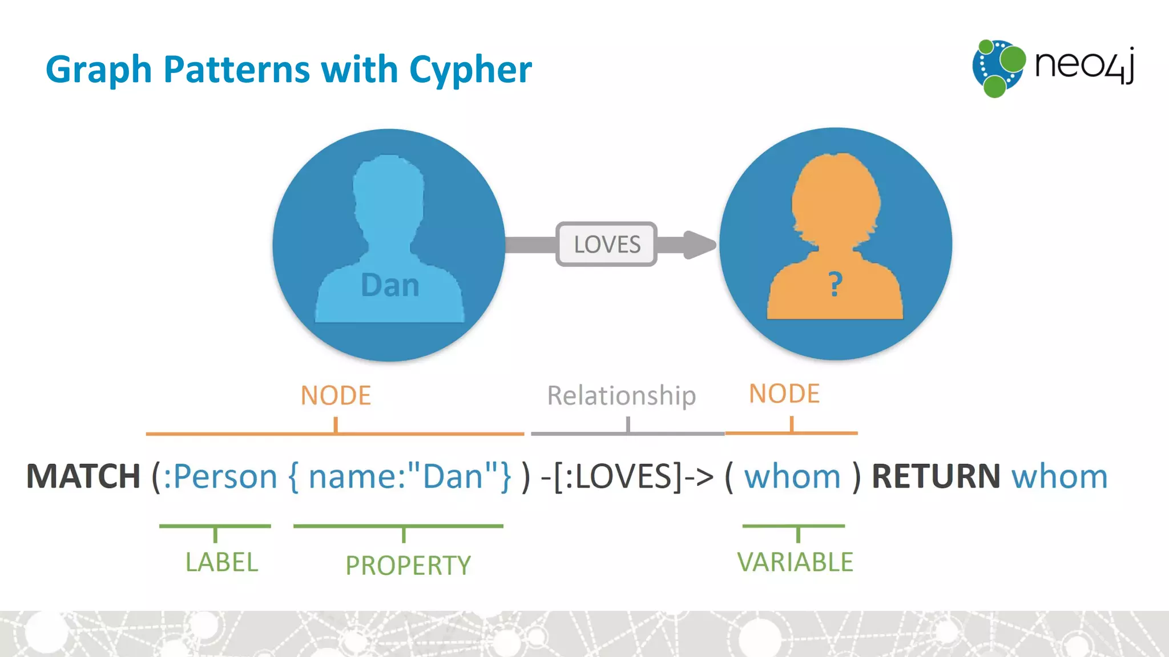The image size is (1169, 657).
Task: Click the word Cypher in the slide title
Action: tap(470, 70)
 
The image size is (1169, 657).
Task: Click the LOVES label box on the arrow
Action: tap(607, 244)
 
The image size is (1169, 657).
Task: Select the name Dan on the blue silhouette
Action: tap(390, 285)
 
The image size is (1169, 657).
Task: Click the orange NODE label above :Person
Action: tap(336, 395)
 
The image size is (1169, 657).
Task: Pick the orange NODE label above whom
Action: tap(784, 394)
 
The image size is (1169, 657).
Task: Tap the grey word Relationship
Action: tap(621, 395)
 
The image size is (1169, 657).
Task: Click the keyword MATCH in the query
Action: tap(83, 476)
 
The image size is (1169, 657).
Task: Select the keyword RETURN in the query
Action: tap(936, 476)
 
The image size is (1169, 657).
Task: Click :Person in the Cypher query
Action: tap(220, 476)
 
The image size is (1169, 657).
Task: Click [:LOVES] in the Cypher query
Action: tap(618, 476)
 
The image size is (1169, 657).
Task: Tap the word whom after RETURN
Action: tap(1059, 476)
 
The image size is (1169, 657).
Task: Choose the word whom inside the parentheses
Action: tap(792, 476)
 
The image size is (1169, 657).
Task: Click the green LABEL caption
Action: tap(221, 562)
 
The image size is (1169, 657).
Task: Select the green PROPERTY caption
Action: tap(408, 565)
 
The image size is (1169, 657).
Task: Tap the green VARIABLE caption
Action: tap(795, 562)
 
